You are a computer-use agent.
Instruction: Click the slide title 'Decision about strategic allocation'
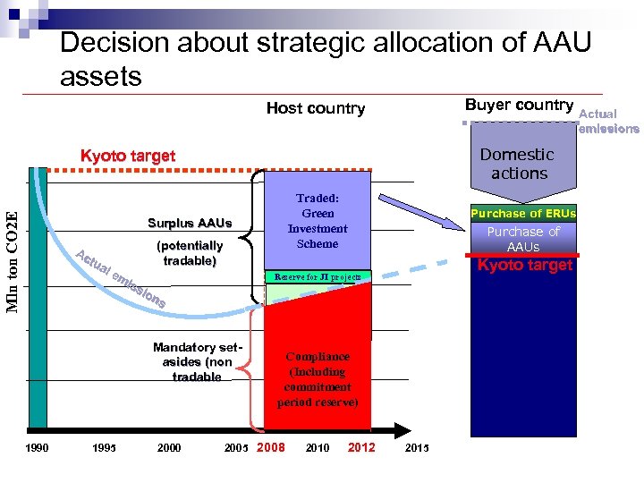(x=326, y=58)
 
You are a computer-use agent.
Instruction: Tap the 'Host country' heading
(x=316, y=108)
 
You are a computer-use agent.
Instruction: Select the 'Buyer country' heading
(x=519, y=105)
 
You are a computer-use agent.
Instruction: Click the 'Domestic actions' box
(x=519, y=164)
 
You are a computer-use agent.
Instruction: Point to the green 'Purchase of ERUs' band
(x=523, y=214)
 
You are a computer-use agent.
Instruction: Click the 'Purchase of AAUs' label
(x=523, y=239)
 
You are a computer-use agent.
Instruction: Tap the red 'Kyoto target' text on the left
(x=128, y=156)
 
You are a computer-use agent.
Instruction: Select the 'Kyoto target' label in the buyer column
(x=525, y=265)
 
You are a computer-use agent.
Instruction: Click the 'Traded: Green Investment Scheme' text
(x=318, y=221)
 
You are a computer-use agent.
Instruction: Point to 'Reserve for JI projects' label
(x=318, y=277)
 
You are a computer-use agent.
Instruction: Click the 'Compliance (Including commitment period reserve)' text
(x=318, y=379)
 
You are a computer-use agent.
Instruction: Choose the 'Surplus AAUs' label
(x=190, y=223)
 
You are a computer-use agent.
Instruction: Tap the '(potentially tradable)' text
(x=190, y=253)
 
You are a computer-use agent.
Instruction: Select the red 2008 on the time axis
(x=271, y=447)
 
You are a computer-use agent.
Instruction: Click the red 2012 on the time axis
(x=361, y=447)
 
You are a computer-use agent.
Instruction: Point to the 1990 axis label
(x=37, y=448)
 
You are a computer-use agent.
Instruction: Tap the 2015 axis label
(x=417, y=448)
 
